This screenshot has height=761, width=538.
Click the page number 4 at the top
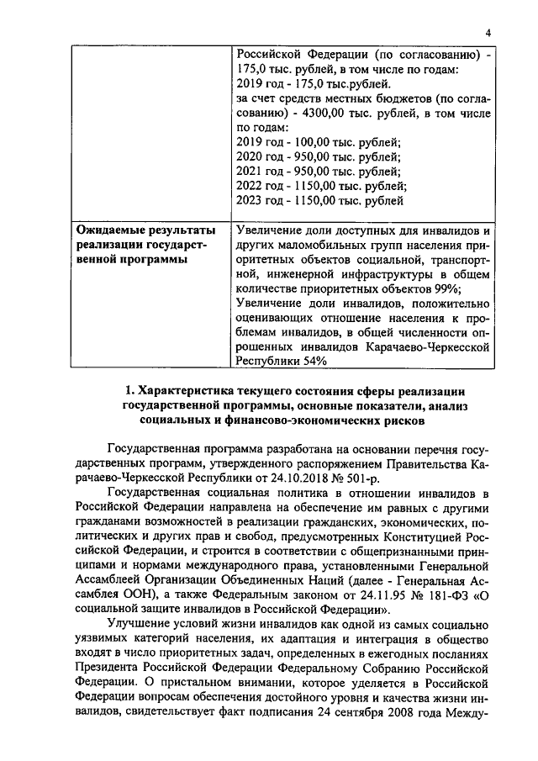pos(488,34)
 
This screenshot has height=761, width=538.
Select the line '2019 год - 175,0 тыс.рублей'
pos(313,84)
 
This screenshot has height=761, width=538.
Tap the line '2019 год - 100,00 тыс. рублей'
pos(319,143)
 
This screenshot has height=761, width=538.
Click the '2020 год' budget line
pos(319,157)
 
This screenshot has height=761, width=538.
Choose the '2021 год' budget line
pos(319,172)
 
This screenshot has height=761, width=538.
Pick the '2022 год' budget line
pos(322,187)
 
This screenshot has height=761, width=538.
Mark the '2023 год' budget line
pos(321,201)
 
